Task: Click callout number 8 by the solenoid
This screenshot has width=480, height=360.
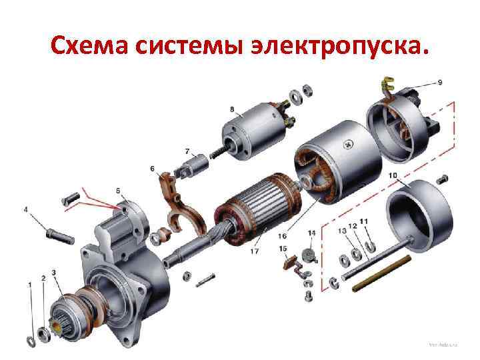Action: [x=231, y=109]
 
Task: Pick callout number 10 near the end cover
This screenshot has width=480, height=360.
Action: [x=393, y=175]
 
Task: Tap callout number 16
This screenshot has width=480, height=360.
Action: [x=283, y=235]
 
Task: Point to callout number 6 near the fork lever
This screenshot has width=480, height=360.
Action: [x=152, y=168]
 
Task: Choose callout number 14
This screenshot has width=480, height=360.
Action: [x=311, y=233]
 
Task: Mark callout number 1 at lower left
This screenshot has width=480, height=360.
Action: [x=29, y=285]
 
